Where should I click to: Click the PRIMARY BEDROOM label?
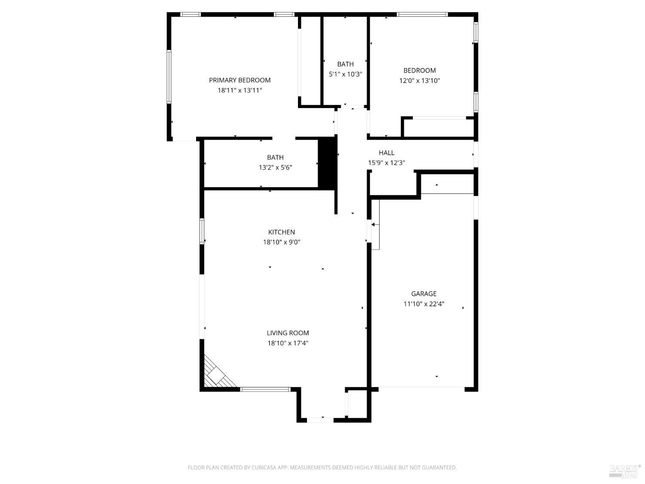coord(240,80)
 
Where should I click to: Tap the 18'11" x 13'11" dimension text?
coord(240,90)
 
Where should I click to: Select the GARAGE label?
coord(424,294)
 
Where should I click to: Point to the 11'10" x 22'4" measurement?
coord(424,304)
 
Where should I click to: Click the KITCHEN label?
coord(282,232)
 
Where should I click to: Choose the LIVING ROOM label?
coord(288,333)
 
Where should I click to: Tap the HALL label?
coord(387,153)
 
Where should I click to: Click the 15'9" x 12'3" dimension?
coord(387,163)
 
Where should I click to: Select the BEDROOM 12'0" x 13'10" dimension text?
coord(420,80)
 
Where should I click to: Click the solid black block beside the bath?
coord(327,163)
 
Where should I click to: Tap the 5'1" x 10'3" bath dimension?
coord(345,74)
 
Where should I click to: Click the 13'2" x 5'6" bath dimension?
coord(275,167)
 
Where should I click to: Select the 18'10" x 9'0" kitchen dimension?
coord(282,242)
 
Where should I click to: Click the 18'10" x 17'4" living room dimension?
coord(288,343)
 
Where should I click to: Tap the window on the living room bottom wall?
coord(265,389)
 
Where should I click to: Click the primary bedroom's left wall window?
coord(169,77)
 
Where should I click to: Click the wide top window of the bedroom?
coord(422,14)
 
